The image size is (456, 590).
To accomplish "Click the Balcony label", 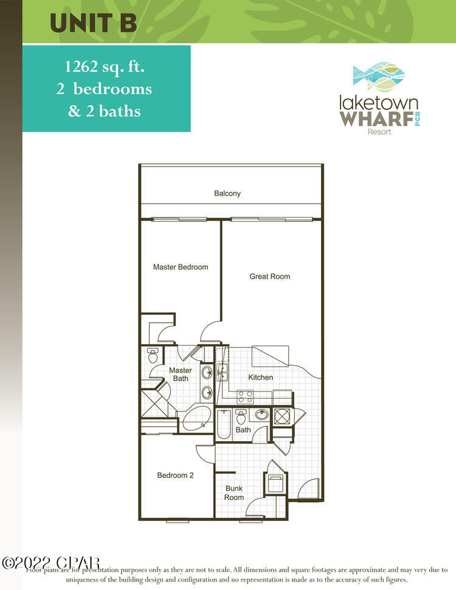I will click(x=227, y=193).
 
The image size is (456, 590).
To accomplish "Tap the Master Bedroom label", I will click(x=181, y=267).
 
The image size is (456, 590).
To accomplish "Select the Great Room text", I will click(x=270, y=276).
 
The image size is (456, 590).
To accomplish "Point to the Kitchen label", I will click(x=261, y=377).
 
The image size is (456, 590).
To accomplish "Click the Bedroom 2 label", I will click(x=175, y=475).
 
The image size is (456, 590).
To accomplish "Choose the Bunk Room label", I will click(x=234, y=493).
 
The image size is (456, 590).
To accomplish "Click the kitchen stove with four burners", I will click(x=245, y=397).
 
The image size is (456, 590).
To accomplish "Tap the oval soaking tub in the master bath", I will click(x=195, y=419).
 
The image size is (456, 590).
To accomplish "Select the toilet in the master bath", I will click(x=153, y=354).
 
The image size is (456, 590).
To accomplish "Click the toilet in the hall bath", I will click(x=241, y=417).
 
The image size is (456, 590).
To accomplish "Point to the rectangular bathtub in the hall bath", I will click(x=223, y=424).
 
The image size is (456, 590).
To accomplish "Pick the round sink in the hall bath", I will click(x=262, y=415).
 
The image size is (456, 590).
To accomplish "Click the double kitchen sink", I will click(x=222, y=371).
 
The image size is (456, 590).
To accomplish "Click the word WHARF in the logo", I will click(x=374, y=117).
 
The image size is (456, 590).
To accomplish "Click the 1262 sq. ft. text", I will click(x=106, y=67).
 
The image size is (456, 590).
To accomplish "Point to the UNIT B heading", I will click(x=93, y=22).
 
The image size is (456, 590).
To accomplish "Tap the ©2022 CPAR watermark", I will click(x=50, y=563).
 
